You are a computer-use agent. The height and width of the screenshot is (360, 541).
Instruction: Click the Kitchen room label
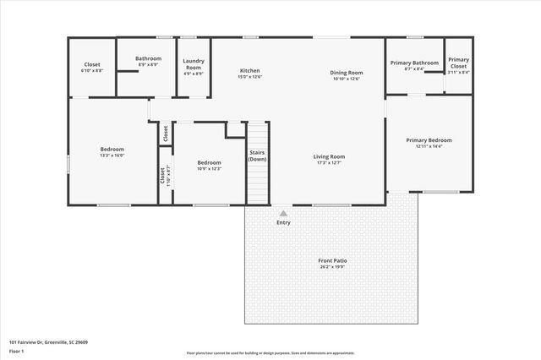point(249,71)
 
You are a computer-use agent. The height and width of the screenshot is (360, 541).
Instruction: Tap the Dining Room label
point(346,72)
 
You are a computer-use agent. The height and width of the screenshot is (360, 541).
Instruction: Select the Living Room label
point(329,156)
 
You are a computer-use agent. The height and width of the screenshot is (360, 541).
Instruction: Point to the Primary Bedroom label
point(429,140)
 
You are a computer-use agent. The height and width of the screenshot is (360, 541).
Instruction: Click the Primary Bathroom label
point(414,63)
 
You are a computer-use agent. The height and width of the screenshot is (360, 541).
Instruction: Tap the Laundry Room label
point(194,64)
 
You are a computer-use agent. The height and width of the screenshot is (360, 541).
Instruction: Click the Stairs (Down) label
point(258,155)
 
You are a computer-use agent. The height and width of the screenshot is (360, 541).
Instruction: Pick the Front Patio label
point(333,261)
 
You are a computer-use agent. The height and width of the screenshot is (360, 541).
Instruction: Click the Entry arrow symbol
point(283,214)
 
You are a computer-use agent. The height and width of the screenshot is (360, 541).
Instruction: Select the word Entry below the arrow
point(283,222)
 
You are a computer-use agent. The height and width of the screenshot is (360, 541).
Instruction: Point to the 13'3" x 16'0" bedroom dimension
point(112,155)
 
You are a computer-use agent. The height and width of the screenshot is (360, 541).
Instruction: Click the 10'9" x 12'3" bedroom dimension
point(209,169)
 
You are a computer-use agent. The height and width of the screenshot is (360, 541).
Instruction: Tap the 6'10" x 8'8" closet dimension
point(92,71)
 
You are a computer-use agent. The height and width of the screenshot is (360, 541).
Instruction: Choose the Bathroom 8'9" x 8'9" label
point(148,61)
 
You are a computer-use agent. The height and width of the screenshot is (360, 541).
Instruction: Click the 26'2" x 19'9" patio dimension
point(333,267)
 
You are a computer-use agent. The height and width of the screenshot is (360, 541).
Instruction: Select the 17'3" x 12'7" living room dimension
point(329,162)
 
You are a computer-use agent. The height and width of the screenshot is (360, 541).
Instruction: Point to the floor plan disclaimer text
point(270,353)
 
